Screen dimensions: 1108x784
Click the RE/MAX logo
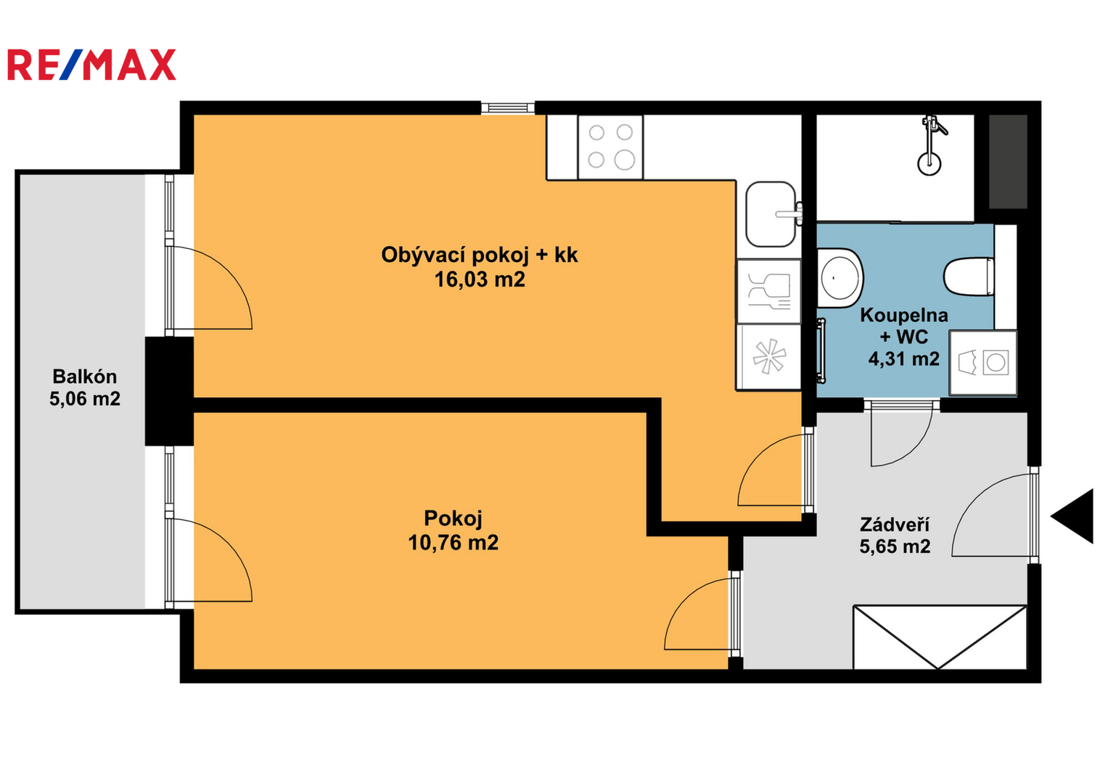(91, 65)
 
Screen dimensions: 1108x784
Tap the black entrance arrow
(1072, 516)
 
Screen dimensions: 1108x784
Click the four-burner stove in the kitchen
(610, 147)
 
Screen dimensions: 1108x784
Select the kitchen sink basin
(771, 214)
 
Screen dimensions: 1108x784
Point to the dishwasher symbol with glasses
(768, 292)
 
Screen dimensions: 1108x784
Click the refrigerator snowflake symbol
(768, 356)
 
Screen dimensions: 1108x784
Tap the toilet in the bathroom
(969, 276)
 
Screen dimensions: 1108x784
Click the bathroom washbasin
(840, 277)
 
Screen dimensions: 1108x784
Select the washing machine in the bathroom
(983, 363)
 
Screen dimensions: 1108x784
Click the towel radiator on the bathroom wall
(821, 351)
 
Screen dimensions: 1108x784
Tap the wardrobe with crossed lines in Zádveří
(940, 637)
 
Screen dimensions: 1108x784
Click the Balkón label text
(85, 377)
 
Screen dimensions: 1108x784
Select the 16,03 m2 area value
(480, 279)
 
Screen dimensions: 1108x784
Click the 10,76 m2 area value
(453, 543)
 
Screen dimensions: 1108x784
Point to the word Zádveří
(895, 523)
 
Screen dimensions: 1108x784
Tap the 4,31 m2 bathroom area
(903, 359)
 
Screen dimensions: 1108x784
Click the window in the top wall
(508, 108)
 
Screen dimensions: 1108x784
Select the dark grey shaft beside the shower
(1008, 162)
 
